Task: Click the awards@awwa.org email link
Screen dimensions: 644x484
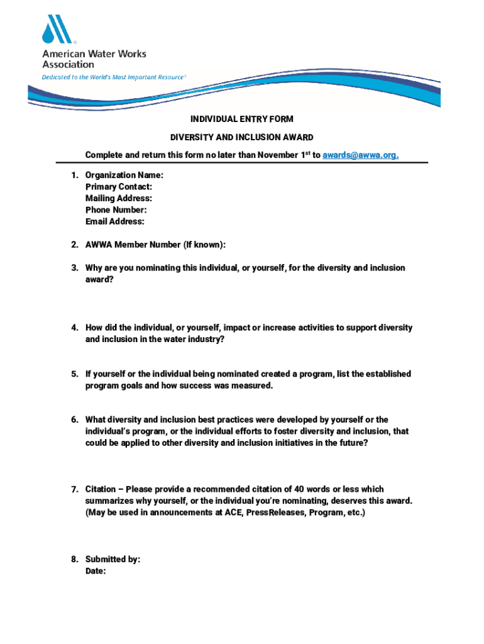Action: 361,155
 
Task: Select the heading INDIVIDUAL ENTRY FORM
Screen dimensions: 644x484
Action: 241,119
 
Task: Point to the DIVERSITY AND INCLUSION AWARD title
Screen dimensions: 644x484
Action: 241,137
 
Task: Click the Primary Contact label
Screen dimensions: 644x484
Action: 118,187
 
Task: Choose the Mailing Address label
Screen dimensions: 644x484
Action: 118,199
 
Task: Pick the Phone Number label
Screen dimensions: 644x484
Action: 116,210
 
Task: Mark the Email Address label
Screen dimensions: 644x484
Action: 115,221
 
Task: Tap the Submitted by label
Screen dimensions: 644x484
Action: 113,559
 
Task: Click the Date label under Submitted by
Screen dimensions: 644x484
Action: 96,571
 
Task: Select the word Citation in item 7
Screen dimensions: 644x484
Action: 101,489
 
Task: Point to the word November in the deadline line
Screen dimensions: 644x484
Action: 274,155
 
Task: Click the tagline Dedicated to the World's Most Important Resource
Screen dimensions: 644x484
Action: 114,77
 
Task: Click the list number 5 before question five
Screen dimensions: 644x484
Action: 74,374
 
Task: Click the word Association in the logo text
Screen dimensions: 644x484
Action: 68,64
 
